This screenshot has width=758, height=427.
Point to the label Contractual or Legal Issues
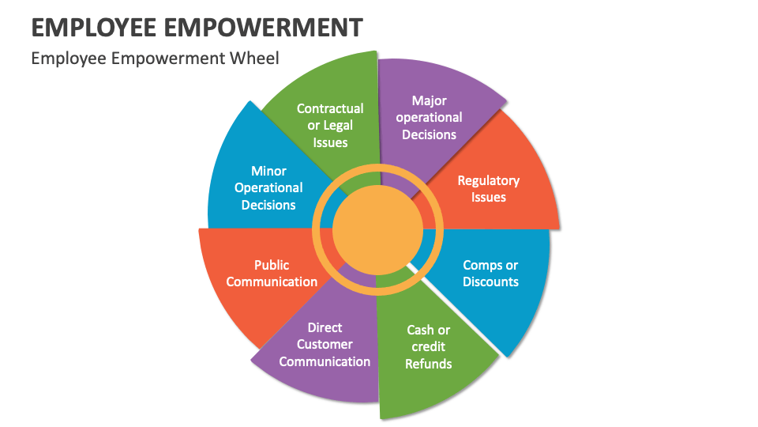pyautogui.click(x=330, y=125)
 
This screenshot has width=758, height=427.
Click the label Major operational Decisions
pyautogui.click(x=430, y=118)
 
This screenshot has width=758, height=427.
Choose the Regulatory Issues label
pyautogui.click(x=489, y=189)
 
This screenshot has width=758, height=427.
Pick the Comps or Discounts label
pyautogui.click(x=490, y=274)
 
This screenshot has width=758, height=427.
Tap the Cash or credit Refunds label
pyautogui.click(x=429, y=346)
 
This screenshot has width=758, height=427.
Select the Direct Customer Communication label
pyautogui.click(x=325, y=344)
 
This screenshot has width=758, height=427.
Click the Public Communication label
pyautogui.click(x=272, y=274)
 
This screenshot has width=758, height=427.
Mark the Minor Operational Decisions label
pyautogui.click(x=268, y=188)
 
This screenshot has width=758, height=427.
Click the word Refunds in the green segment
pyautogui.click(x=429, y=364)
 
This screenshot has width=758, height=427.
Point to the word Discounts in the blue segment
pyautogui.click(x=490, y=282)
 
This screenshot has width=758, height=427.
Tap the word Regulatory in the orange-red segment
pyautogui.click(x=489, y=180)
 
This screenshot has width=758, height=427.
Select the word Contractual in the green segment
pyautogui.click(x=330, y=108)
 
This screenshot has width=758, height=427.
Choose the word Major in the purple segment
pyautogui.click(x=430, y=100)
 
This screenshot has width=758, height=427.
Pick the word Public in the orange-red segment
pyautogui.click(x=272, y=265)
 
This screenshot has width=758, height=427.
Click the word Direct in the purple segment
pyautogui.click(x=325, y=327)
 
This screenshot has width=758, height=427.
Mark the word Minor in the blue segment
pyautogui.click(x=268, y=171)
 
